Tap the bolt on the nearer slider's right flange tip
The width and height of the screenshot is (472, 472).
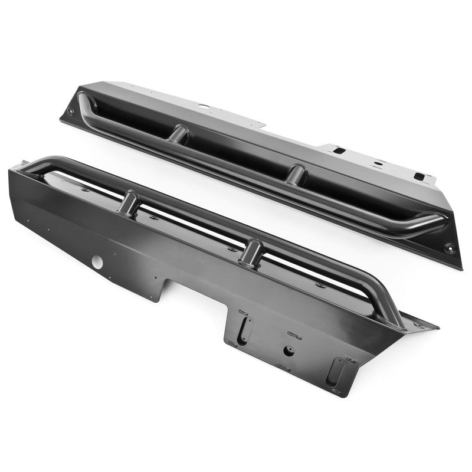420,324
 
